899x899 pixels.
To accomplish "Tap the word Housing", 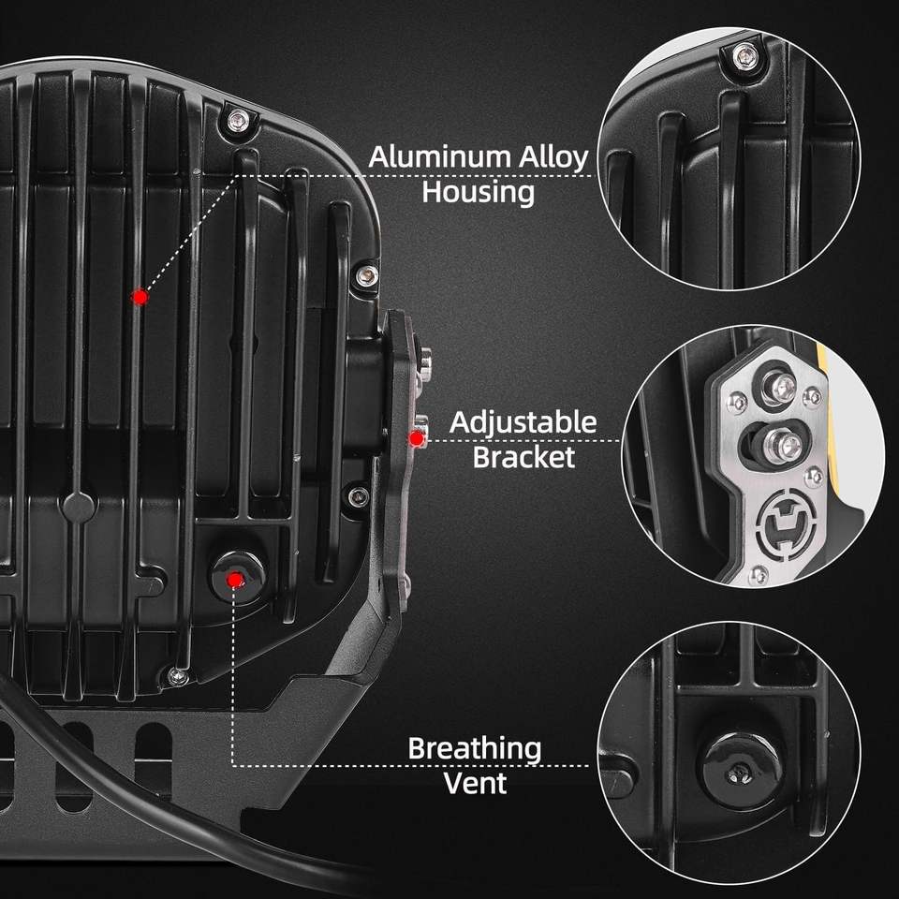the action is pos(478,192).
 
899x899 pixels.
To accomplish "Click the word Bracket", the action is pos(523,457).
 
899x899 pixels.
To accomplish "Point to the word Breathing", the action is pos(474,749).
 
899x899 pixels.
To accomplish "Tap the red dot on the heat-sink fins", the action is pos(140,297).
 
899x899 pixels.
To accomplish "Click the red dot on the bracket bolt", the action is pos(414,437).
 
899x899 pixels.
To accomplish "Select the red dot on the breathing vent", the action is pos(235,580).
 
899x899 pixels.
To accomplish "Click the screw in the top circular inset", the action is pos(744,52).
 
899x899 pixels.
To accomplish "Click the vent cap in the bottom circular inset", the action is pos(739,763).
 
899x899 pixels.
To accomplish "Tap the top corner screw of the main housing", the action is pos(239,120).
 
